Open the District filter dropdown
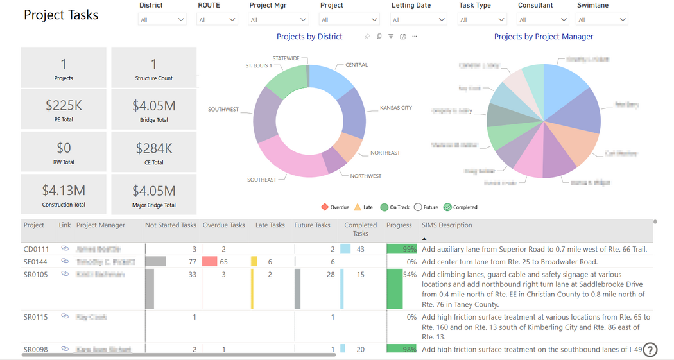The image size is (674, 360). tap(162, 20)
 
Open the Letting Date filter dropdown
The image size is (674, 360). tap(419, 20)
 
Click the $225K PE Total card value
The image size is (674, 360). tap(64, 105)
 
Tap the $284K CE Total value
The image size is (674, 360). tap(154, 148)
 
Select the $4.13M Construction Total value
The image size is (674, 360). tap(64, 191)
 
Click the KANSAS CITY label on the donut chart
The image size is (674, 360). tap(395, 108)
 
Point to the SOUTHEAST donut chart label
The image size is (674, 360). tap(262, 180)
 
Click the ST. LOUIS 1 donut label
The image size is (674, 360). tap(258, 65)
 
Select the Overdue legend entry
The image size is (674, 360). tap(336, 207)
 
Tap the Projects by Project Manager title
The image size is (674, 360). tap(544, 37)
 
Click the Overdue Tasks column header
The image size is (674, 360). tap(223, 225)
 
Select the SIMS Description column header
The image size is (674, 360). tap(447, 225)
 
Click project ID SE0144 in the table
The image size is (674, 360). tap(36, 262)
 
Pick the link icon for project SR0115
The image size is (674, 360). tap(65, 316)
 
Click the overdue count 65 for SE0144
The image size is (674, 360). tap(223, 262)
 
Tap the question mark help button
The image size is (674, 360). tap(650, 350)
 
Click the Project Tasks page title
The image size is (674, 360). tap(61, 15)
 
